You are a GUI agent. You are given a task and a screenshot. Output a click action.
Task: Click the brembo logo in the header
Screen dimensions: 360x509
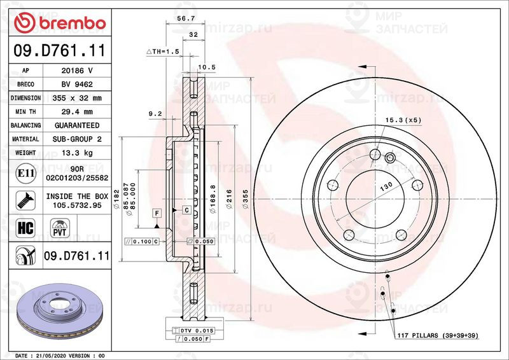pyautogui.click(x=59, y=23)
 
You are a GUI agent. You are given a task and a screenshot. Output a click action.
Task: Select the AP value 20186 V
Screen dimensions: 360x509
pyautogui.click(x=77, y=71)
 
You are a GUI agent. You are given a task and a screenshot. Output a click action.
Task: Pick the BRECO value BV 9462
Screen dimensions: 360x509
pyautogui.click(x=77, y=85)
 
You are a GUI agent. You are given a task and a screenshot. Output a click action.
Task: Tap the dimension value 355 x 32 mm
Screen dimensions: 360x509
pyautogui.click(x=77, y=99)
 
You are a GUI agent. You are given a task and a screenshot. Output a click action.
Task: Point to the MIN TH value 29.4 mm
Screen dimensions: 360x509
pyautogui.click(x=77, y=112)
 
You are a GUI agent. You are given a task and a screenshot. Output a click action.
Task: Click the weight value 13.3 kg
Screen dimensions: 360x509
pyautogui.click(x=77, y=153)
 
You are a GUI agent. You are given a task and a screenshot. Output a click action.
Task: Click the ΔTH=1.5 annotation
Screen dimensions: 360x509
pyautogui.click(x=164, y=51)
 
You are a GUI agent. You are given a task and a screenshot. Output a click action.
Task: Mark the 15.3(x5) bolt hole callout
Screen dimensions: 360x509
pyautogui.click(x=403, y=120)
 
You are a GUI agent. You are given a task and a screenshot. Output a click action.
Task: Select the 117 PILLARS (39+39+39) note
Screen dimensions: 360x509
pyautogui.click(x=436, y=335)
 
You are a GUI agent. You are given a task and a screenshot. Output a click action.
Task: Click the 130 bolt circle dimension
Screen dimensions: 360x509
pyautogui.click(x=386, y=188)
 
